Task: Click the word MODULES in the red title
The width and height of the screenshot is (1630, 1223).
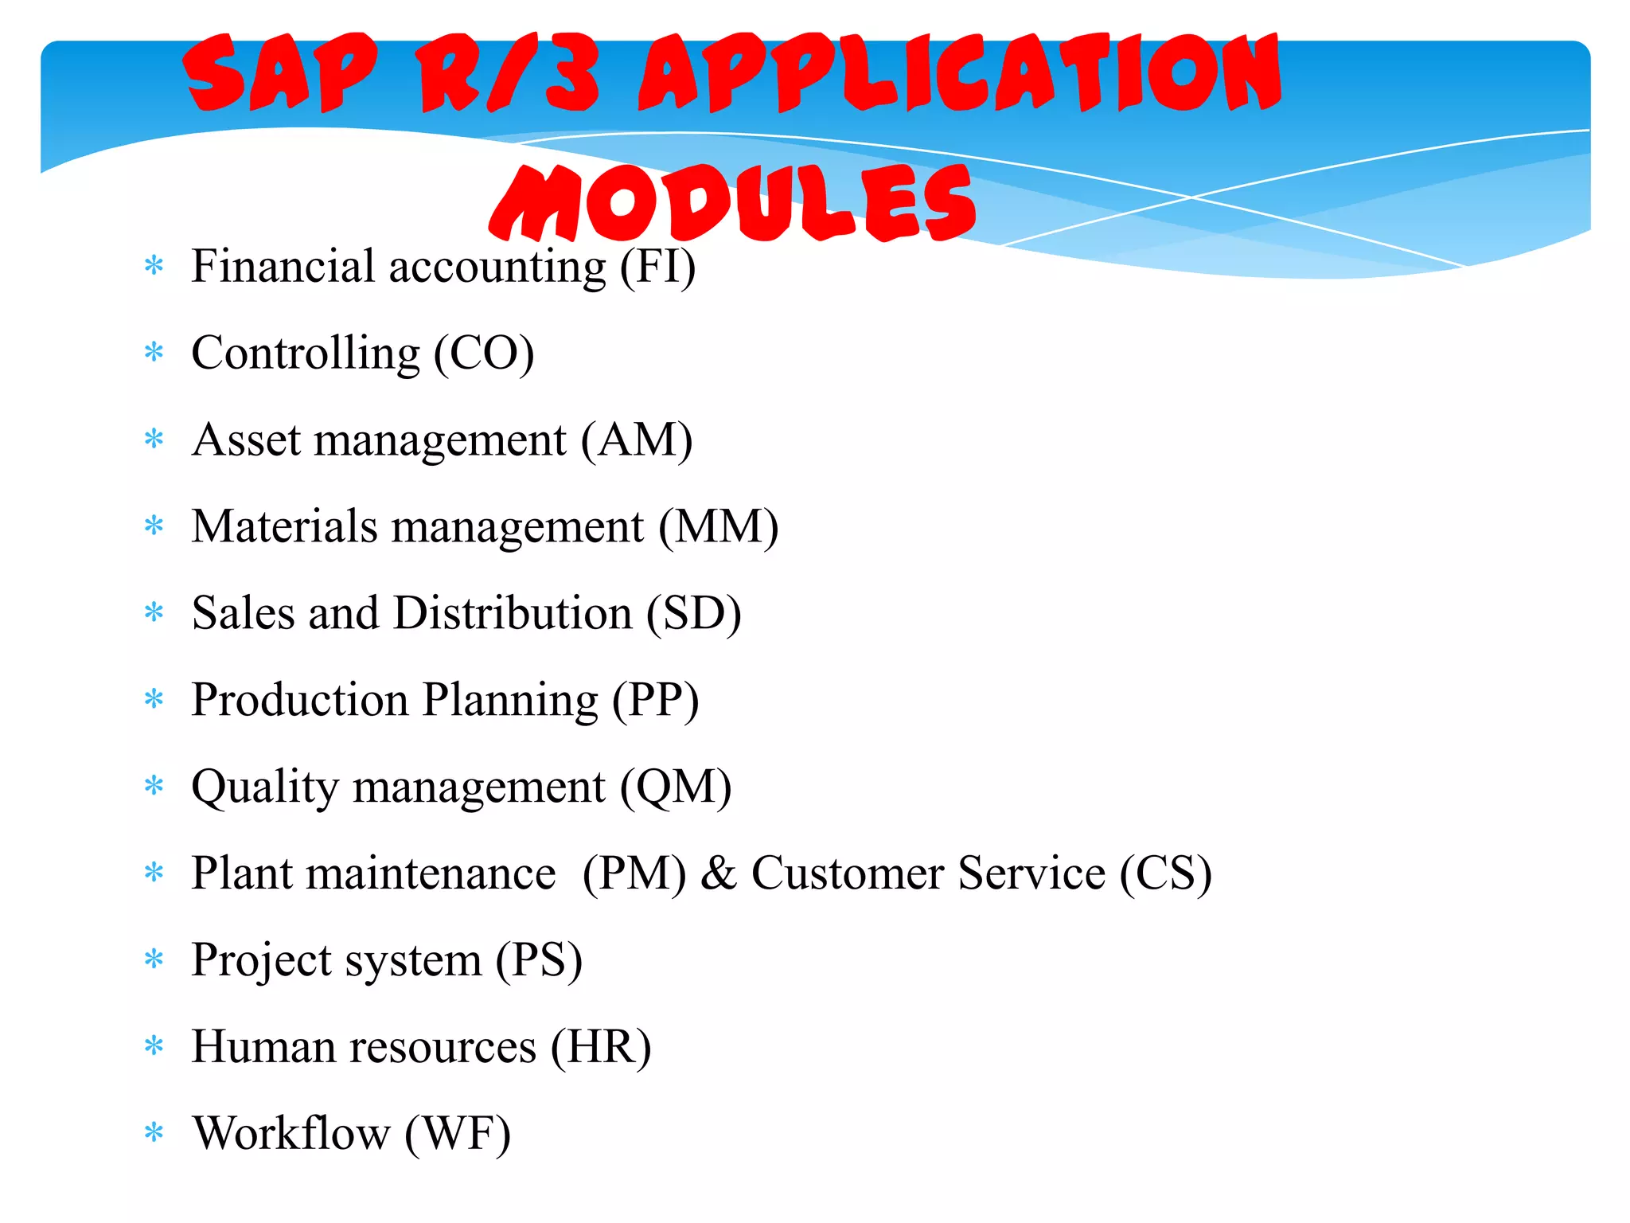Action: [732, 203]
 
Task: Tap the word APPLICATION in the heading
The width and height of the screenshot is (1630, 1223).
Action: [959, 73]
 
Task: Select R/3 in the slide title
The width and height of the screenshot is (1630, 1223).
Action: [509, 73]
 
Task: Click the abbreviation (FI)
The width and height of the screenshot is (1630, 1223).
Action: [657, 267]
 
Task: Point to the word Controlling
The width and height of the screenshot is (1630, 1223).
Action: [306, 354]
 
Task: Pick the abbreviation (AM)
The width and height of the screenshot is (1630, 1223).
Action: [636, 440]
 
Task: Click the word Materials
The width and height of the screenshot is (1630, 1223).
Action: [284, 527]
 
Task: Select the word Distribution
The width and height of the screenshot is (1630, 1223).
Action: [513, 614]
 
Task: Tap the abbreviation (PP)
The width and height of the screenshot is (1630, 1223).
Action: [655, 701]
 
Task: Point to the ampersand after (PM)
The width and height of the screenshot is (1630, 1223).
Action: [719, 873]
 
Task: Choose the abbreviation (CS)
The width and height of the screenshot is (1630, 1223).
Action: [1166, 873]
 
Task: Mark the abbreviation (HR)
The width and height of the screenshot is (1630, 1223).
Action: [601, 1048]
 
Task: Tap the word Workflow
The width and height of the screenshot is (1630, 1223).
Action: [291, 1134]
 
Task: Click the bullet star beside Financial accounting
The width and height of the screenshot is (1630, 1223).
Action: [154, 266]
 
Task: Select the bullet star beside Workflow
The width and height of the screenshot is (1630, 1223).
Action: [154, 1132]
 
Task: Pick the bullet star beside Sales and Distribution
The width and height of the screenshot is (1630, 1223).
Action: [154, 613]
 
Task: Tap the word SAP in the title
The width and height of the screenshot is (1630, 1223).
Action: [279, 73]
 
